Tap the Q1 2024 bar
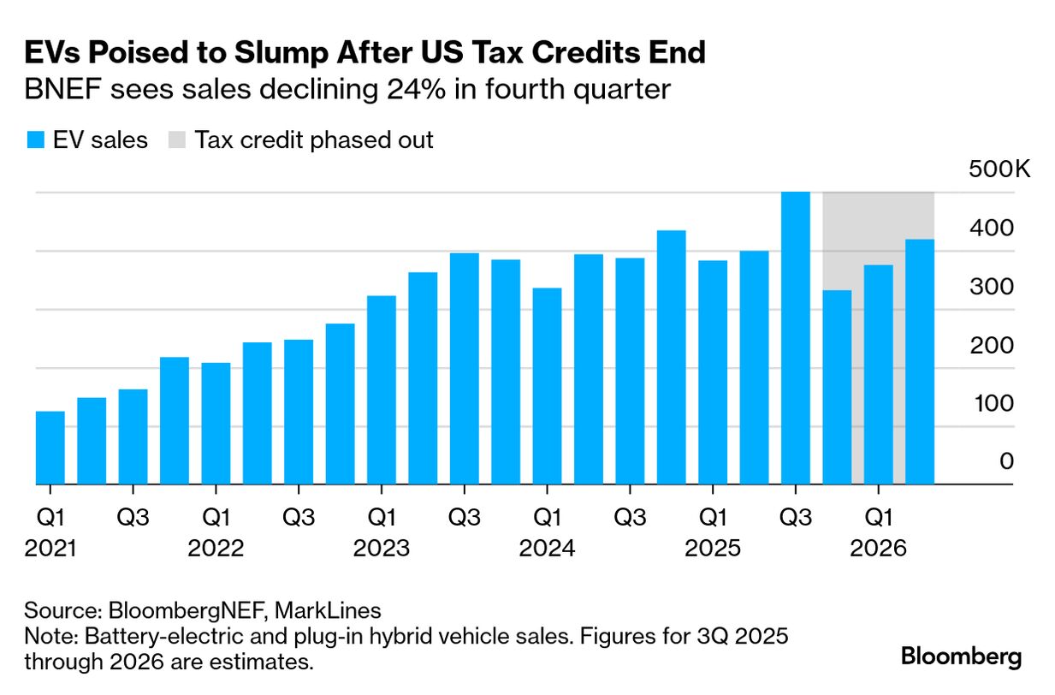(547, 386)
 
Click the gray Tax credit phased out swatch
(177, 140)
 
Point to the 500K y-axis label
(999, 169)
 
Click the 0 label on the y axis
(1006, 462)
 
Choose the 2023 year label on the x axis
(382, 548)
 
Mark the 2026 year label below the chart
(878, 548)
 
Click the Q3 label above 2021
(133, 517)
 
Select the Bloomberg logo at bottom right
(961, 656)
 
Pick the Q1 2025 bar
(712, 372)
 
